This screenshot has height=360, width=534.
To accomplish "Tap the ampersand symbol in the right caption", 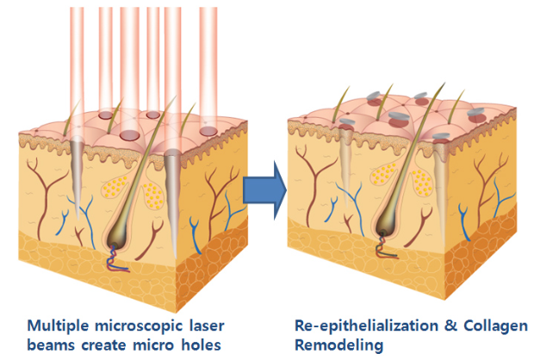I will [435, 326].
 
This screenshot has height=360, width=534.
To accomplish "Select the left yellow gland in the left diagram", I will [114, 189].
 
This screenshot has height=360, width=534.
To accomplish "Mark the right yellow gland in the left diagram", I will [152, 183].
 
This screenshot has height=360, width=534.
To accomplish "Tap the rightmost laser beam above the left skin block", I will [208, 60].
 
